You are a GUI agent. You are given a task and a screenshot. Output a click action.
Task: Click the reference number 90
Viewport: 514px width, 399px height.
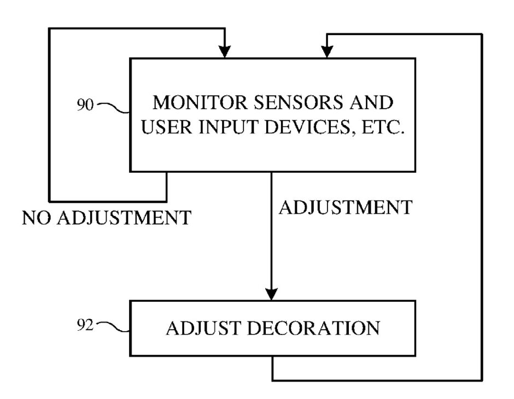tap(85, 105)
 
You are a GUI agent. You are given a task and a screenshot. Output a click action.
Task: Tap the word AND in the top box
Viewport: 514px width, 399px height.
tap(372, 103)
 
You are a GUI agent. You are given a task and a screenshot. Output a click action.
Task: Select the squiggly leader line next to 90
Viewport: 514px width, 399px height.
tap(112, 107)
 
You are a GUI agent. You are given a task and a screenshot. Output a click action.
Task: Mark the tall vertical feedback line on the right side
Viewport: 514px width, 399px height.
tap(482, 208)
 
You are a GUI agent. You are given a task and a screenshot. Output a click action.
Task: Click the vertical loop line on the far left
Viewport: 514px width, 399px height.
tap(50, 115)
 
